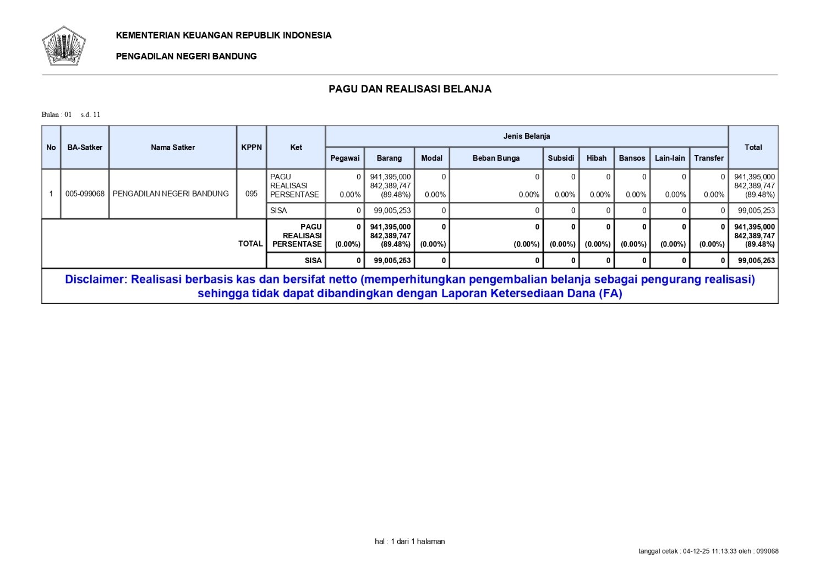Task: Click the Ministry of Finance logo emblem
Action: click(64, 46)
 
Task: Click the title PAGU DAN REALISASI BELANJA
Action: click(410, 89)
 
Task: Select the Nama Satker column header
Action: click(173, 147)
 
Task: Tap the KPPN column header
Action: click(252, 147)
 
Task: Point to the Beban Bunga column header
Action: click(496, 158)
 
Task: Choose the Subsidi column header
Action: click(561, 158)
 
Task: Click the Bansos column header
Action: click(632, 158)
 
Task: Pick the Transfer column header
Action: click(709, 158)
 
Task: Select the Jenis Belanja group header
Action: click(527, 136)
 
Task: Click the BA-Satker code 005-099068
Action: click(85, 194)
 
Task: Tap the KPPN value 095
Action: click(252, 194)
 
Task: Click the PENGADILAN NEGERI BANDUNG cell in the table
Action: click(171, 194)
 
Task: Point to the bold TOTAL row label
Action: click(250, 244)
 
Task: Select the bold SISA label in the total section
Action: click(313, 260)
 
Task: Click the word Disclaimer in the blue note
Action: click(96, 279)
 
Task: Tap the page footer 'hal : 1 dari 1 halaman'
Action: click(410, 541)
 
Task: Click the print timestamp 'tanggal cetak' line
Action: click(708, 551)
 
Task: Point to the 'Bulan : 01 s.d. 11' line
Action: click(71, 114)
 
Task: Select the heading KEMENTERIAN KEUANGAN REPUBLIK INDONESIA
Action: click(223, 35)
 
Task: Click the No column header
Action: click(51, 147)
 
